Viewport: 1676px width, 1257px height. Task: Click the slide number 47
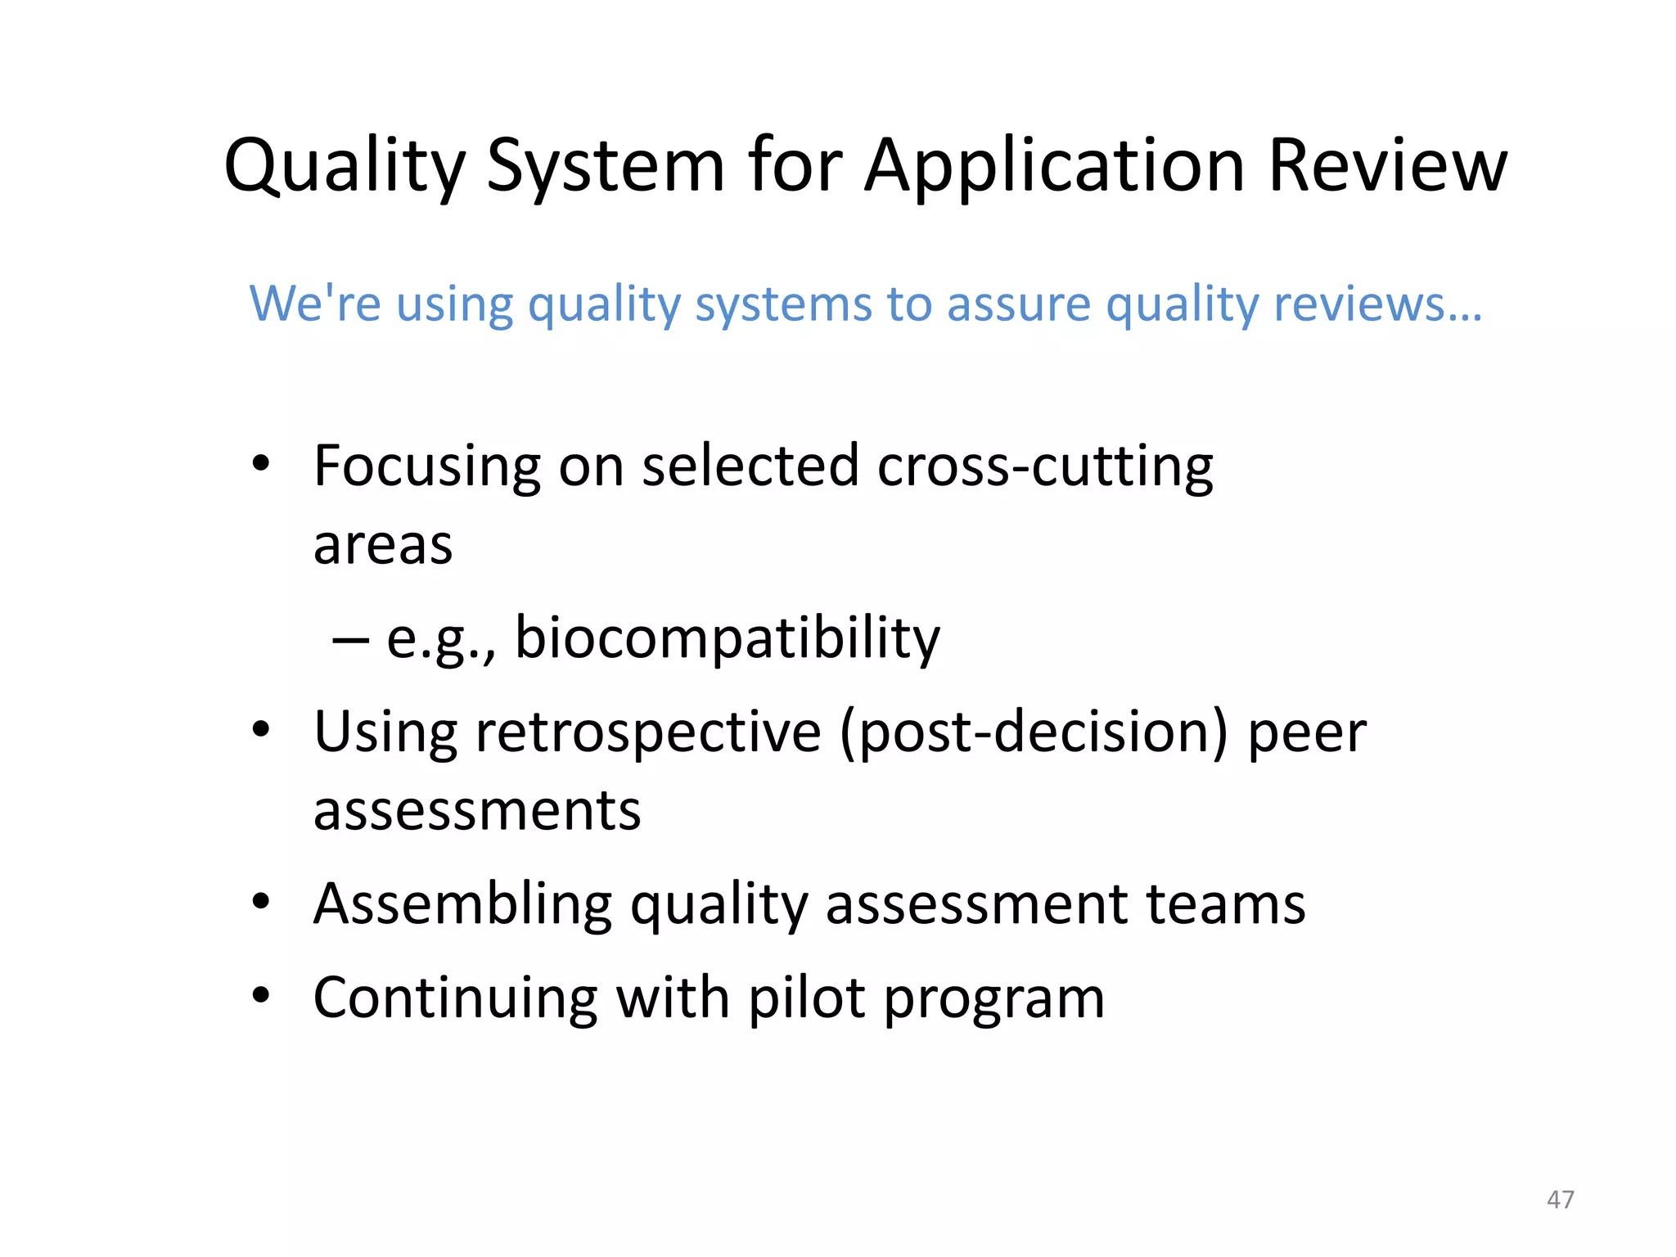pyautogui.click(x=1560, y=1199)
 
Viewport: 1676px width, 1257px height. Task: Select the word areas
pyautogui.click(x=382, y=546)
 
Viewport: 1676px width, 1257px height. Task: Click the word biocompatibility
pyautogui.click(x=728, y=639)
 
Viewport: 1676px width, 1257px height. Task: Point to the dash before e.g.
pyautogui.click(x=349, y=638)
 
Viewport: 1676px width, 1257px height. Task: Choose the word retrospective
pyautogui.click(x=649, y=732)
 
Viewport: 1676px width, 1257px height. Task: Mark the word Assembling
pyautogui.click(x=462, y=906)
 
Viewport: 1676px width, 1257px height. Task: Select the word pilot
pyautogui.click(x=807, y=998)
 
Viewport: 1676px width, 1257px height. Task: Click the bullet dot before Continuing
pyautogui.click(x=260, y=995)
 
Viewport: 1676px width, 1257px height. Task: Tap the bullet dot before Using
pyautogui.click(x=260, y=728)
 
